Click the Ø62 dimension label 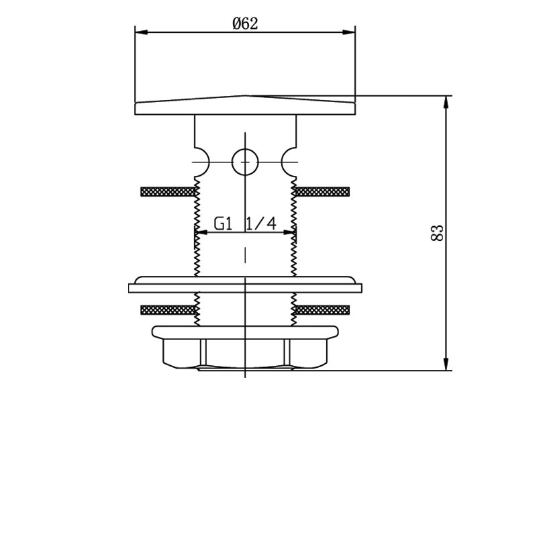(245, 23)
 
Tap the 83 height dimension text (437, 233)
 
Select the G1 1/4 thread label (245, 224)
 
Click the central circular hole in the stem (245, 162)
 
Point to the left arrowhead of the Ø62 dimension (142, 32)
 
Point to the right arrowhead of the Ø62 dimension (349, 32)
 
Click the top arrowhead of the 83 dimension (446, 102)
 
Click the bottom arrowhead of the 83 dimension (446, 364)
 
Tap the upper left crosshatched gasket (168, 192)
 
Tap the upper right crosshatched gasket (322, 192)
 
